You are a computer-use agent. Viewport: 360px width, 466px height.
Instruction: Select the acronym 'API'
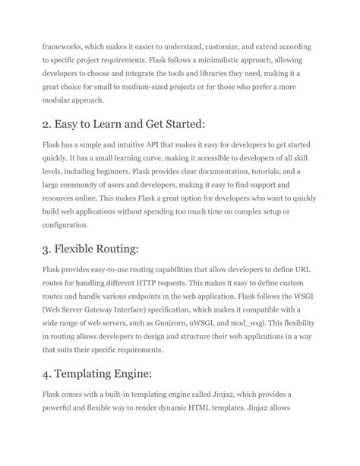(x=159, y=144)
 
